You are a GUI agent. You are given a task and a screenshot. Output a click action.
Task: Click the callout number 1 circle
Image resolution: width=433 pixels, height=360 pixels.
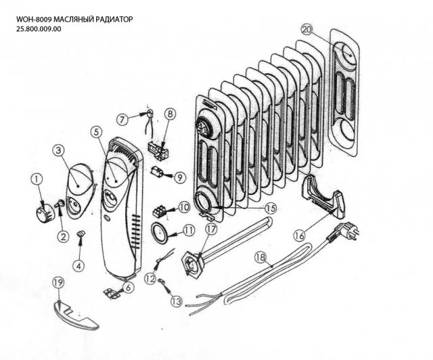(x=36, y=179)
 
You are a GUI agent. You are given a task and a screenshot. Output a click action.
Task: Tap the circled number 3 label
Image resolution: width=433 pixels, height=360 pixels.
(x=59, y=150)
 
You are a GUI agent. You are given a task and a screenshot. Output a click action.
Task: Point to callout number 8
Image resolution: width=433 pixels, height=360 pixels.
(x=169, y=114)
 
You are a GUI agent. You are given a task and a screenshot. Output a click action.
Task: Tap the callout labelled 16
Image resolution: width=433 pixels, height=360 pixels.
(x=300, y=235)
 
